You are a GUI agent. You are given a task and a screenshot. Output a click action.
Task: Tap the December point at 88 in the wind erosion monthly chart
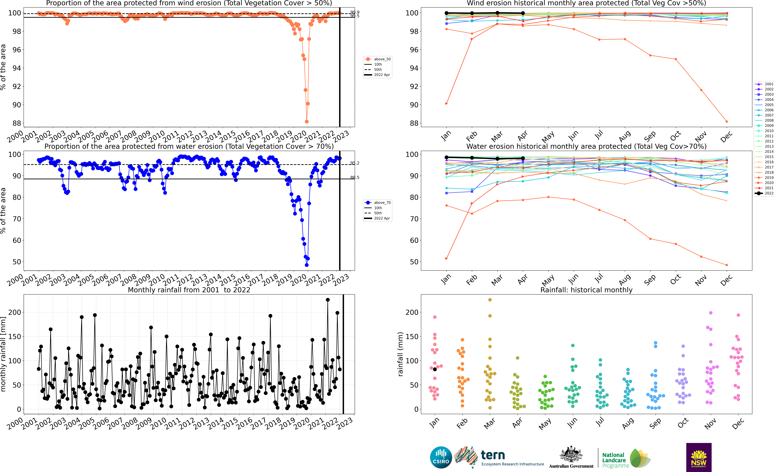click(727, 121)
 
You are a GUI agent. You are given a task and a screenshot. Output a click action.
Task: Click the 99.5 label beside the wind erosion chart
click(355, 16)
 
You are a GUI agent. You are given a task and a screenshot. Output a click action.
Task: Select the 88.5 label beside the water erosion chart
click(355, 177)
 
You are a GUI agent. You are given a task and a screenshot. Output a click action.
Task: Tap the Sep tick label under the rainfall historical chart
click(655, 423)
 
